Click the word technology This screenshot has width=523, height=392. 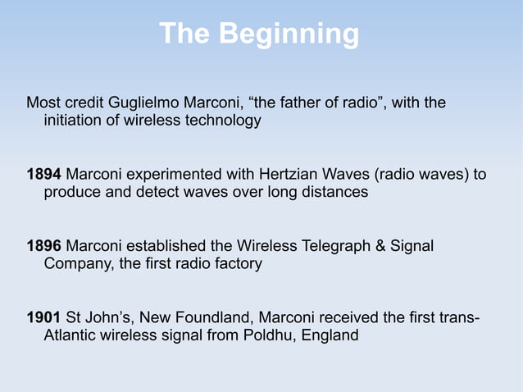click(x=223, y=121)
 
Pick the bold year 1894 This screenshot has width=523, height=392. click(x=43, y=175)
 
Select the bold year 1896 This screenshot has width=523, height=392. click(x=43, y=246)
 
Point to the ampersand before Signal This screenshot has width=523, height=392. click(x=381, y=246)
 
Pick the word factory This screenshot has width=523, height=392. click(x=235, y=264)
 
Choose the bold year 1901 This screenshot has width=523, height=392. click(x=43, y=317)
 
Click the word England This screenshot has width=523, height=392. click(x=332, y=335)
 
